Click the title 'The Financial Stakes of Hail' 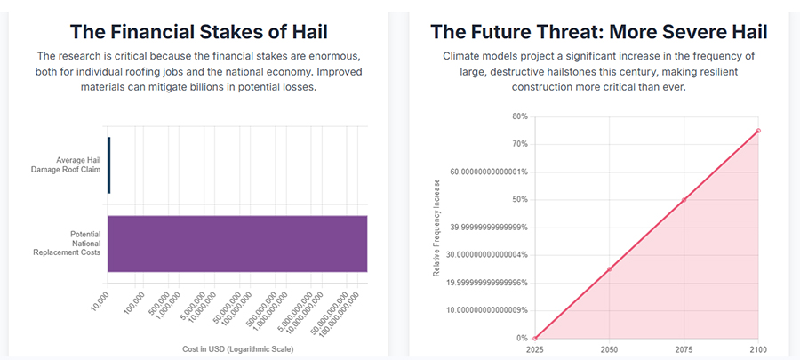(198, 32)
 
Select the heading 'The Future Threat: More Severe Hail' (599, 32)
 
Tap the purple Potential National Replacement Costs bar (237, 243)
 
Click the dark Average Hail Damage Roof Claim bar (108, 164)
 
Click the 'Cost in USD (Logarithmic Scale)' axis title (237, 349)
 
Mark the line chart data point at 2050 (609, 269)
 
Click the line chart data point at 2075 (684, 200)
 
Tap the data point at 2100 (758, 131)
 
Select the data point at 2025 (535, 339)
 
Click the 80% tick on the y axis (519, 116)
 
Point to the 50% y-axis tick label (519, 200)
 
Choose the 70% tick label (519, 144)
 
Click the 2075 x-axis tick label (684, 350)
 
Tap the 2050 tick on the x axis (609, 350)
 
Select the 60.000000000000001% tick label (489, 172)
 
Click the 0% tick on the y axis (522, 339)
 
